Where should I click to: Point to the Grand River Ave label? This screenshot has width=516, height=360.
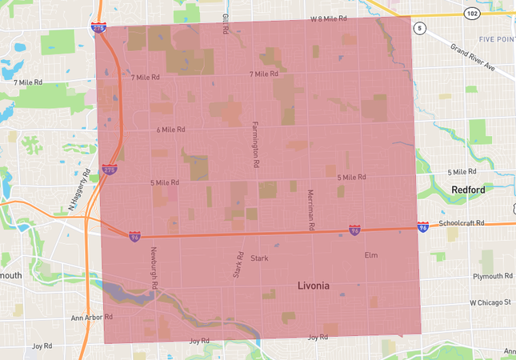(472, 58)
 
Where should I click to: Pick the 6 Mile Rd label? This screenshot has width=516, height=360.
(170, 129)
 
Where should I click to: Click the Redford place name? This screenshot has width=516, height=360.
(468, 190)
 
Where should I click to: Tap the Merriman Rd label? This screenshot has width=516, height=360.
(308, 206)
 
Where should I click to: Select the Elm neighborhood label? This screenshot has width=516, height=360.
(370, 255)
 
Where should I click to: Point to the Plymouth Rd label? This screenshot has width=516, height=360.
(493, 276)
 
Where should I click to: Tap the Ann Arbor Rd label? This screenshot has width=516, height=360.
(91, 317)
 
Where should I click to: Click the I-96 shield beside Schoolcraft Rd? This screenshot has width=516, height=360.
(422, 228)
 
